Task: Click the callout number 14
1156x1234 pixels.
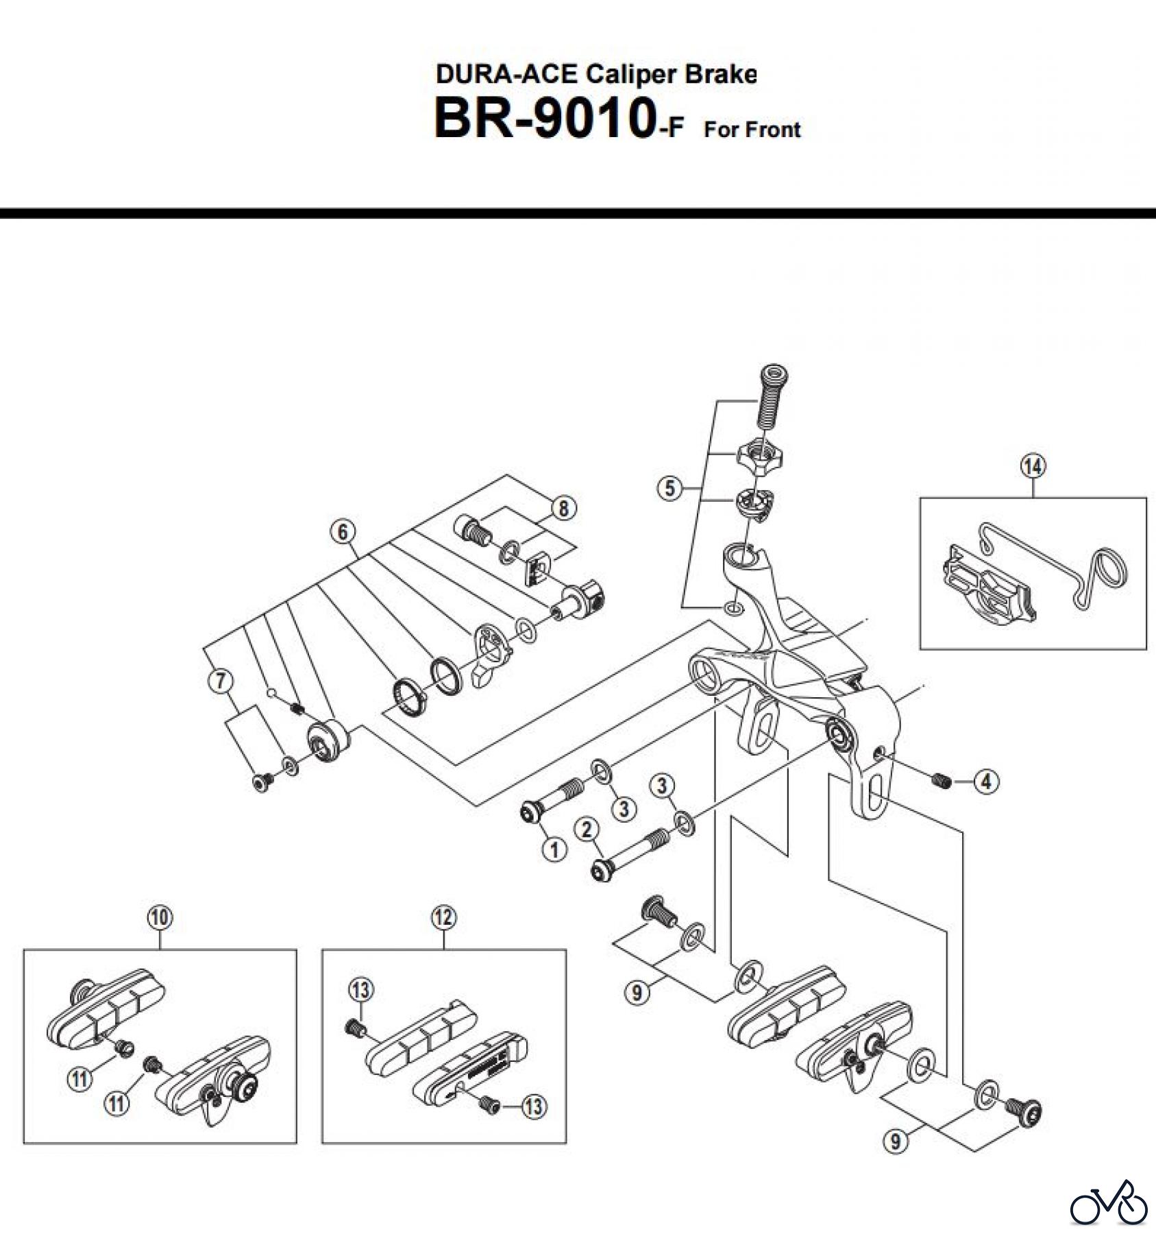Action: point(1033,467)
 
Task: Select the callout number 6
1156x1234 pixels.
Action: point(343,531)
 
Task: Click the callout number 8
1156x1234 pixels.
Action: point(563,508)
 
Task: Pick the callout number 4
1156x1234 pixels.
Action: point(986,782)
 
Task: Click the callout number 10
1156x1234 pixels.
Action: point(159,918)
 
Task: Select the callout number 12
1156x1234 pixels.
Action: point(443,918)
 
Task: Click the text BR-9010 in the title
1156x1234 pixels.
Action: point(541,119)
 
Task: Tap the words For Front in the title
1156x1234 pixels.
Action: point(752,130)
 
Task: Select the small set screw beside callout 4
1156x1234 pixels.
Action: point(941,780)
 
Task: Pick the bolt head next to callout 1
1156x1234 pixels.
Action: point(532,814)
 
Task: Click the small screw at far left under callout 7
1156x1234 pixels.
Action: point(262,782)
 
